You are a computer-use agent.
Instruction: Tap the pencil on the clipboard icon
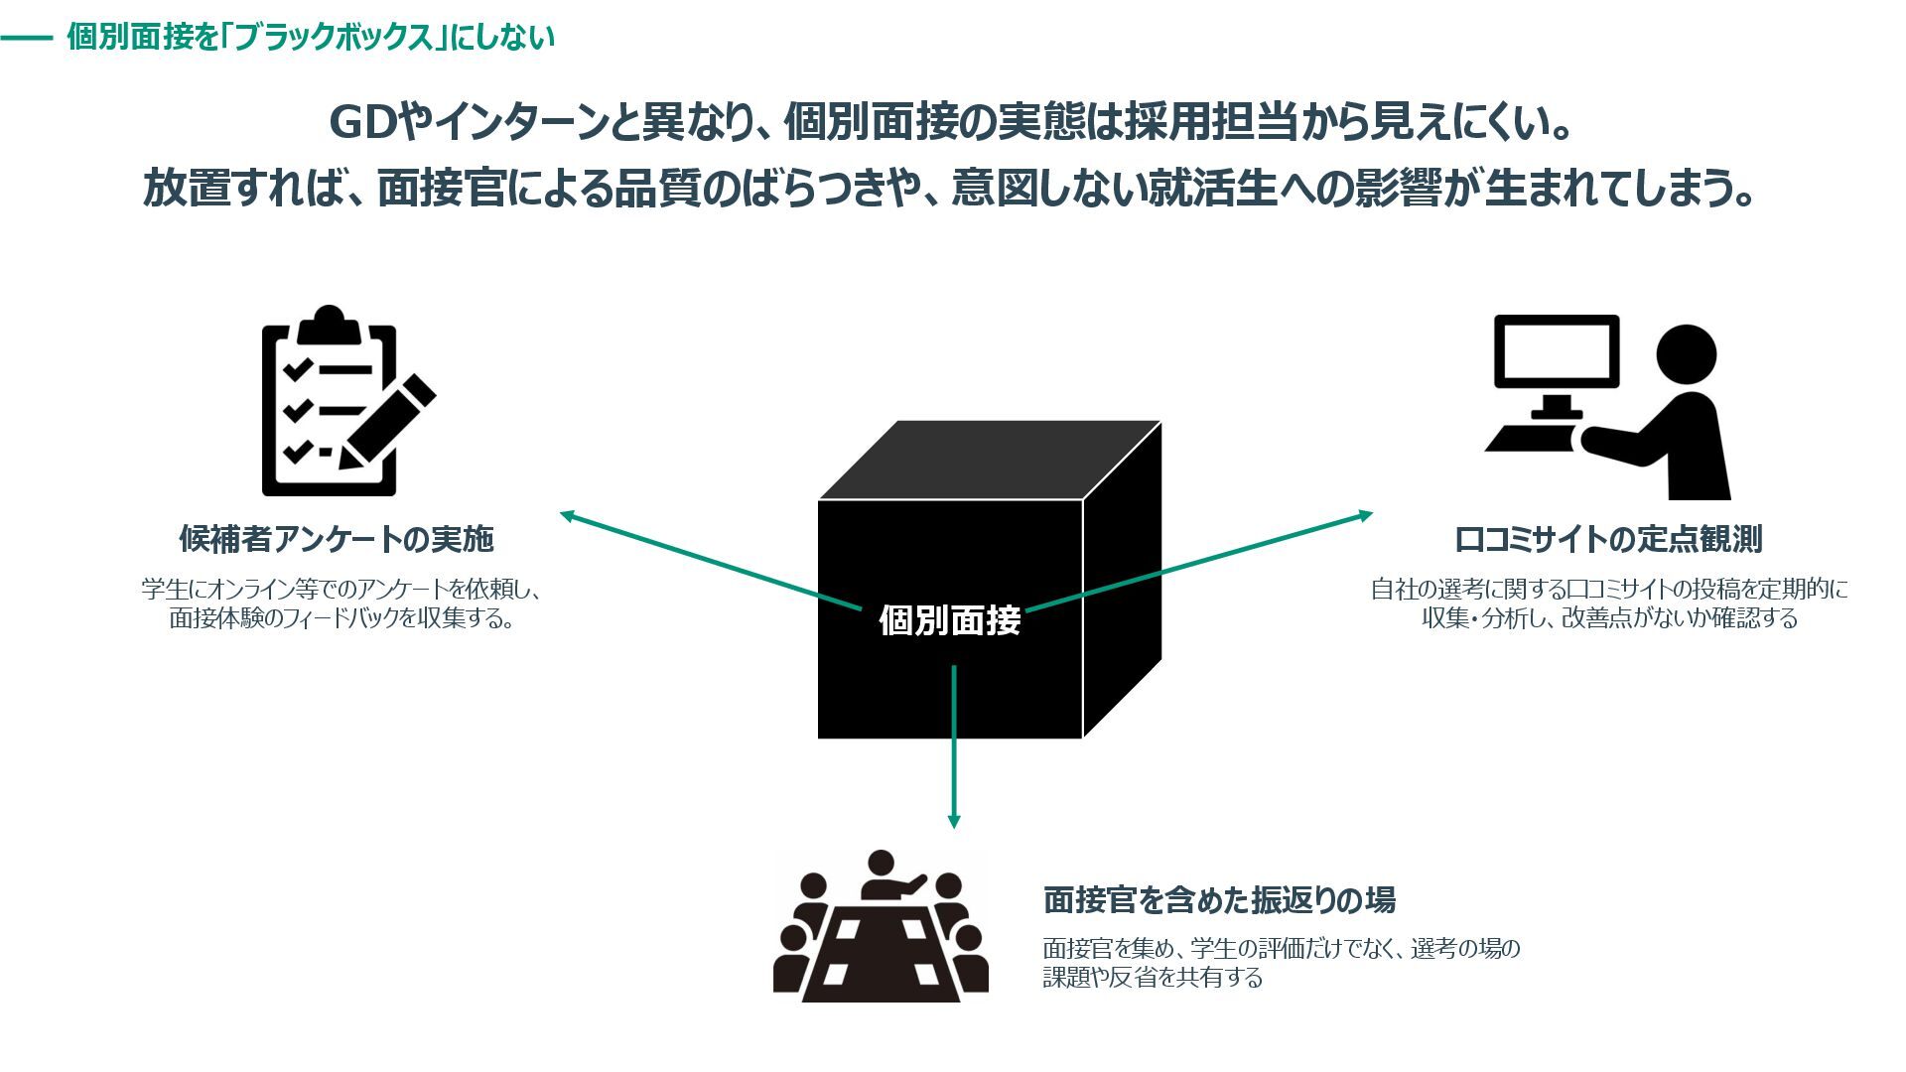388,421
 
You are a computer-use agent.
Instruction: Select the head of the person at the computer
1686,354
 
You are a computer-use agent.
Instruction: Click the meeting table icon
881,928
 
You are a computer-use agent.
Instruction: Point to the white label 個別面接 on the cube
950,620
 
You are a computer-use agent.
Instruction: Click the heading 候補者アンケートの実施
337,539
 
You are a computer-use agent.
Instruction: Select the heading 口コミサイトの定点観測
1608,539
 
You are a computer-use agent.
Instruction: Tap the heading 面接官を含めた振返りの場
1219,899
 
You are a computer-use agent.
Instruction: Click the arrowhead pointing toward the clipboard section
568,515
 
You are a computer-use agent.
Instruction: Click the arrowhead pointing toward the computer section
1366,515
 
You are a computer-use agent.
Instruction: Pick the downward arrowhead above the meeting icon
954,822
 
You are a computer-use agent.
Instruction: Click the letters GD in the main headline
361,123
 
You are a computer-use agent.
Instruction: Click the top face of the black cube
990,460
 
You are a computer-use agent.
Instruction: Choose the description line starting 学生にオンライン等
341,589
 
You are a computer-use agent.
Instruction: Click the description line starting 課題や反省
1153,977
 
